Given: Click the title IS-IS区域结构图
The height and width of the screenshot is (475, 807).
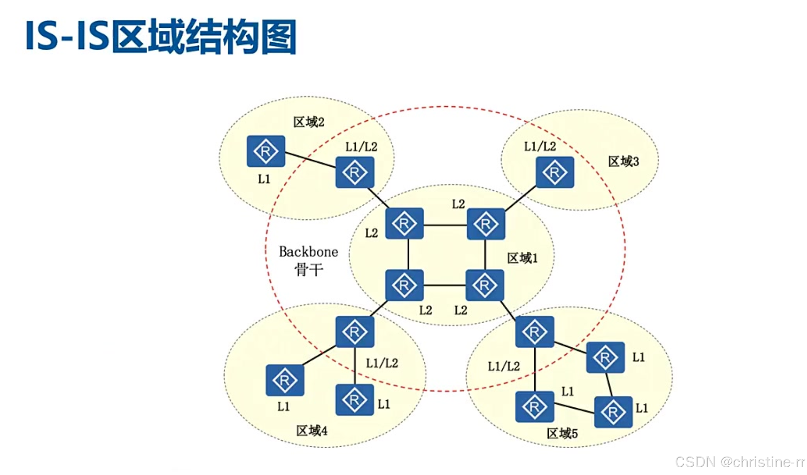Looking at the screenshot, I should click(161, 37).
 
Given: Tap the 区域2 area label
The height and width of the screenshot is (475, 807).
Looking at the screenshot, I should click(308, 122).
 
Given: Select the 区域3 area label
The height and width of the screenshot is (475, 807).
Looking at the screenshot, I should click(623, 161).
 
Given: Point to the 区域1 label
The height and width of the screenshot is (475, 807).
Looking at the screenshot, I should click(522, 258).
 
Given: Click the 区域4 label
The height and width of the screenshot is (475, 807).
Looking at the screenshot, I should click(311, 431).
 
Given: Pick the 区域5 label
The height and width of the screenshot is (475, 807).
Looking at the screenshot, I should click(562, 434).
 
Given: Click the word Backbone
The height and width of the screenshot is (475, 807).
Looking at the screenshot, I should click(308, 251).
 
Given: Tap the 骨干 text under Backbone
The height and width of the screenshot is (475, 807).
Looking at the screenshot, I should click(308, 270).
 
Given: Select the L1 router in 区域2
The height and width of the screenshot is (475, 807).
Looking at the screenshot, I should click(266, 151).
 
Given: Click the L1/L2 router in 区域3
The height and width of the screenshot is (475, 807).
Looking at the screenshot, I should click(555, 172).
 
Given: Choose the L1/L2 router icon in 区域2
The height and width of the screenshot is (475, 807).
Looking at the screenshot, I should click(355, 172).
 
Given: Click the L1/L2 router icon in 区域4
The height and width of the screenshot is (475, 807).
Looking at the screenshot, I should click(355, 331).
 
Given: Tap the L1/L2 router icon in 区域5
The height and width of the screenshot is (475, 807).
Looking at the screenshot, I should click(534, 331).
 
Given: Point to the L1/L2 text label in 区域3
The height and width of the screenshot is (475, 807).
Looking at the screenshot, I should click(540, 146).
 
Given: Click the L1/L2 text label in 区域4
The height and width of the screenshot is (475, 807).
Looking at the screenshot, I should click(381, 363).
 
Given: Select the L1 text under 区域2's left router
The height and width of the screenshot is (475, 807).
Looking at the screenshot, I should click(264, 179).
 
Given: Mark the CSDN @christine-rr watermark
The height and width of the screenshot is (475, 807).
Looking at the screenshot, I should click(740, 462).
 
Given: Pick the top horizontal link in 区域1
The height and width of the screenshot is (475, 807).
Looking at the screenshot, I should click(445, 225).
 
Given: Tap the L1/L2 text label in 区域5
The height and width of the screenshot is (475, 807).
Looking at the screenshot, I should click(504, 366).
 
